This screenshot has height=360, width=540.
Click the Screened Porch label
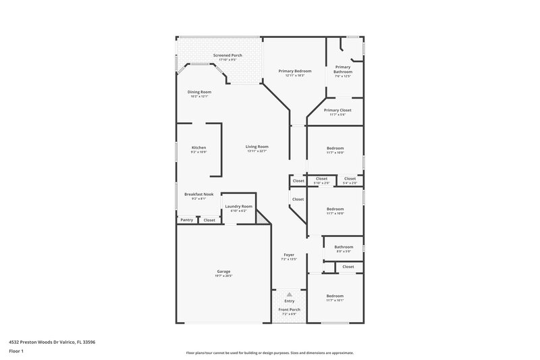click(x=227, y=55)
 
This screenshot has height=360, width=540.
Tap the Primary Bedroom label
click(x=295, y=71)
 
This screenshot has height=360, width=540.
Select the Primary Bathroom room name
click(x=343, y=69)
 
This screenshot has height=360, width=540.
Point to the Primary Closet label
click(x=337, y=110)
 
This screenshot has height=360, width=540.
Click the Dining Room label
click(x=199, y=92)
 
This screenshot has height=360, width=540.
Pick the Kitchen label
click(x=198, y=147)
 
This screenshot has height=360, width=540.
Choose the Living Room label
click(x=257, y=147)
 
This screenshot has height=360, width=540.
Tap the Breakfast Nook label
click(x=198, y=194)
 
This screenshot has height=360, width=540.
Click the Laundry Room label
click(x=239, y=206)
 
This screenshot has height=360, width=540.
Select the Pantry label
click(x=186, y=220)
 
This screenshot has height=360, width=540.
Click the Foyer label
click(x=288, y=255)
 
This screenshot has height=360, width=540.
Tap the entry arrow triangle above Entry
click(x=289, y=295)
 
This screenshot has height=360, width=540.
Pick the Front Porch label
click(x=290, y=309)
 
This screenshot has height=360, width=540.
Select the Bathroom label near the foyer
click(x=344, y=247)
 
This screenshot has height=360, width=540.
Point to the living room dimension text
click(x=257, y=151)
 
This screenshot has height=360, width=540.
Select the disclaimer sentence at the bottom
click(x=269, y=353)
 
